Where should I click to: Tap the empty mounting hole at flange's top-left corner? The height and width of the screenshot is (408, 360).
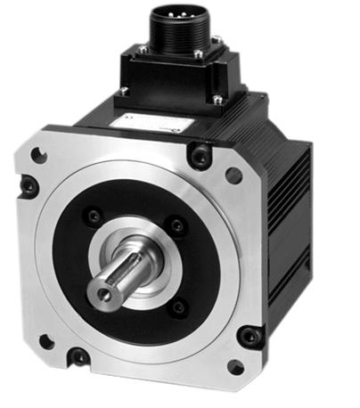[39, 154]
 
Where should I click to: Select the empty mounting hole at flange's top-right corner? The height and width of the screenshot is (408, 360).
[233, 175]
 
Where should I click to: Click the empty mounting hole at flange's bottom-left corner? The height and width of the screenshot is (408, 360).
[45, 340]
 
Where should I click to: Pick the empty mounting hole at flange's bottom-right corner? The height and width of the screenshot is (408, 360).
[235, 365]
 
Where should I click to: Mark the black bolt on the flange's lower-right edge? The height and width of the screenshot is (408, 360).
[250, 336]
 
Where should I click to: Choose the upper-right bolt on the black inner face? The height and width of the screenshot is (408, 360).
[177, 226]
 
